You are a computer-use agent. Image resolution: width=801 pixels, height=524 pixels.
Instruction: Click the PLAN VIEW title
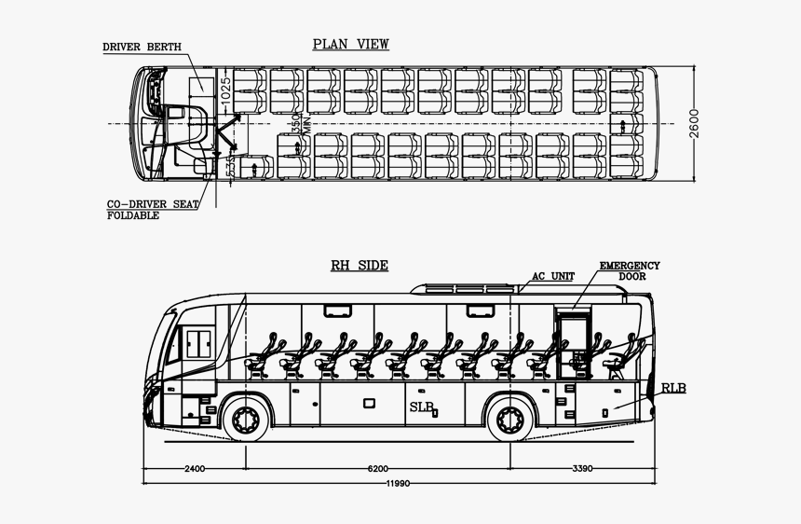(350, 44)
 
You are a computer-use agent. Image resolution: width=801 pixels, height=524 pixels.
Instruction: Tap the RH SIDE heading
(360, 266)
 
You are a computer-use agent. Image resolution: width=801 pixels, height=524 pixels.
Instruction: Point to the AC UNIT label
(553, 276)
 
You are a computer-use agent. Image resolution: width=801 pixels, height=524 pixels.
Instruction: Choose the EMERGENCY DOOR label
(629, 271)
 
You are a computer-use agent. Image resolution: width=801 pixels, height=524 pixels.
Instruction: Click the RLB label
(673, 387)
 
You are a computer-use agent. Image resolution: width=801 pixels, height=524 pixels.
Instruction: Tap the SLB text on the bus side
(421, 407)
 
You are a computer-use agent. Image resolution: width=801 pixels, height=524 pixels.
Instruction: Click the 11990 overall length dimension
(400, 484)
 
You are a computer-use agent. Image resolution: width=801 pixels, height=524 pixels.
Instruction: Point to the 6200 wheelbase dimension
(377, 468)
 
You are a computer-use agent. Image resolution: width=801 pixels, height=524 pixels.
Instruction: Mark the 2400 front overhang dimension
(194, 468)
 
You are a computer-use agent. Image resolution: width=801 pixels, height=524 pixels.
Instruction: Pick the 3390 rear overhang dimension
(582, 468)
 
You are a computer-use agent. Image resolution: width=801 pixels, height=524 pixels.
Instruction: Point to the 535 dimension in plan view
(231, 166)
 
